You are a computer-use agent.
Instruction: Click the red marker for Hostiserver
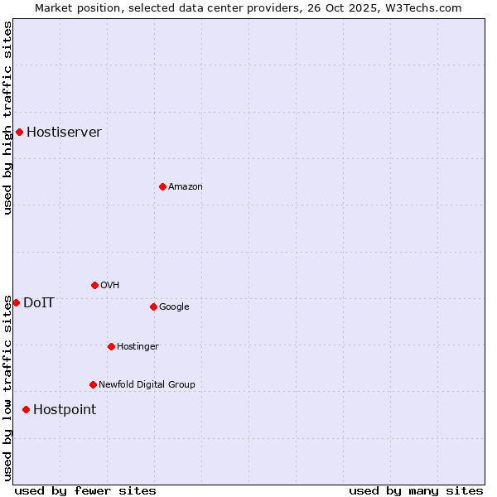point(19,132)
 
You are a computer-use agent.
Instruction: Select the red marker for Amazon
point(162,186)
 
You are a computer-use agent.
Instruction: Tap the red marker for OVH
point(94,285)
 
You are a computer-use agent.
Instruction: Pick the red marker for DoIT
point(16,302)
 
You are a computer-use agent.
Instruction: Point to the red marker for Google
point(153,306)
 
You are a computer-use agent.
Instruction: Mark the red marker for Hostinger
point(111,346)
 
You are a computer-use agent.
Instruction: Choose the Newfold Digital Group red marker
point(93,384)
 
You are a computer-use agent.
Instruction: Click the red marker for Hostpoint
point(26,409)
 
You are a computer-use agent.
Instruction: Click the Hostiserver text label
point(64,133)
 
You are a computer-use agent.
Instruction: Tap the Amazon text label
point(186,187)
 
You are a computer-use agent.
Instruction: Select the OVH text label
point(110,286)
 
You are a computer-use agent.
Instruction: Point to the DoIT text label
point(39,303)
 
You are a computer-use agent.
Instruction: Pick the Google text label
point(174,307)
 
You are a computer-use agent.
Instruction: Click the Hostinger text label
point(138,347)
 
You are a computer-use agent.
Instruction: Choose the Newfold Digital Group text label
point(147,385)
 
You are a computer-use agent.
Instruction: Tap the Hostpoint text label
point(65,410)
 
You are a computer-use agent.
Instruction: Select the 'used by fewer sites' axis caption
point(85,490)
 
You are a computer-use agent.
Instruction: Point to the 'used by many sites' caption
point(416,490)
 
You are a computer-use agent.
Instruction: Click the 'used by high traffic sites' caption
point(8,118)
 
